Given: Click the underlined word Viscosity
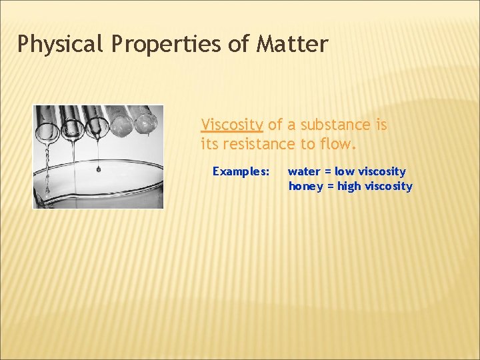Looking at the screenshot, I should click(x=232, y=125).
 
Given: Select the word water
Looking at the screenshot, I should click(x=304, y=171).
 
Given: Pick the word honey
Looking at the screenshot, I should click(x=305, y=186).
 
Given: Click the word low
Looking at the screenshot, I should click(x=345, y=171).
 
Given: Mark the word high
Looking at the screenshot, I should click(x=349, y=186).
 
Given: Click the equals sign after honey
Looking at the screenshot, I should click(x=329, y=186).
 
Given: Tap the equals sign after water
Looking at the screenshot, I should click(x=327, y=171).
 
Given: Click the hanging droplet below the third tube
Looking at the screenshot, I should click(x=99, y=169).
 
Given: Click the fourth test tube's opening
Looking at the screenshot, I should click(x=122, y=125).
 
